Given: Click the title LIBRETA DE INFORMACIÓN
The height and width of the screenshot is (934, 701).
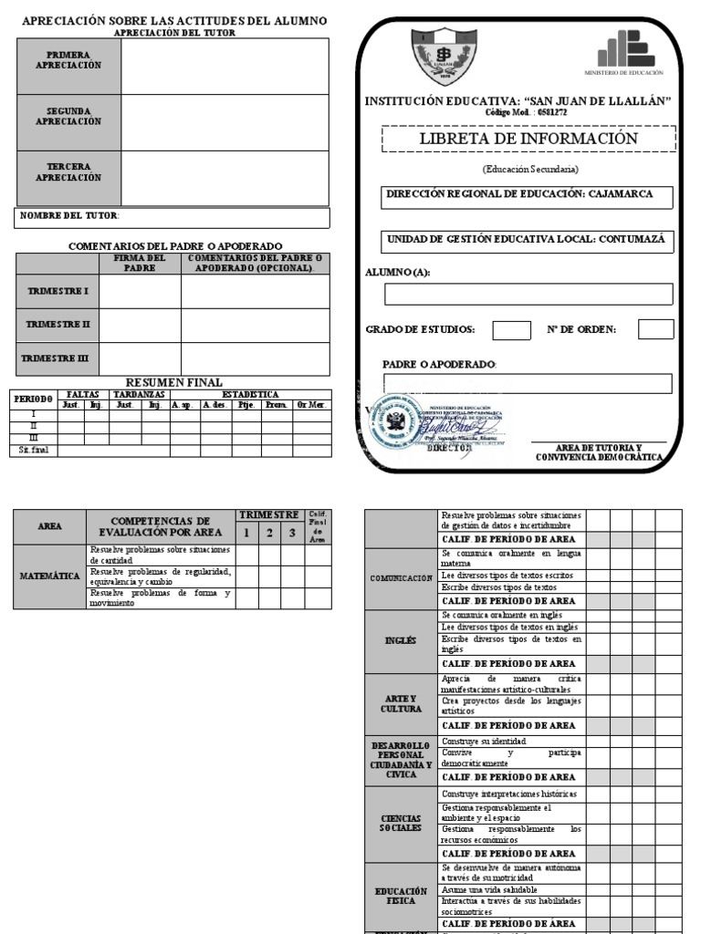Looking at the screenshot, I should pos(528,139).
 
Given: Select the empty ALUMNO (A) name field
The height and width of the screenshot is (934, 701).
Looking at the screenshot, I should pos(528,294).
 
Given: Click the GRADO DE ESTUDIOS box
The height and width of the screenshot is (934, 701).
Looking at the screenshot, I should pos(511,329).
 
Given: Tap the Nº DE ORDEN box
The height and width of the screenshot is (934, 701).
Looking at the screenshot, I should pos(655,329).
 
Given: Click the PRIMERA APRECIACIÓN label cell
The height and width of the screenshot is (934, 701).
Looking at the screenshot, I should pos(68,61).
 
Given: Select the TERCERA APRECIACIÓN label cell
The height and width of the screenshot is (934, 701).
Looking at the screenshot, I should pos(68,173).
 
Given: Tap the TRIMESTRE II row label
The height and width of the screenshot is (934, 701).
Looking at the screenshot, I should pos(57,325).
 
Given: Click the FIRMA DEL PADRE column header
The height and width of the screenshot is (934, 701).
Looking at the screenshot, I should pos(140,264).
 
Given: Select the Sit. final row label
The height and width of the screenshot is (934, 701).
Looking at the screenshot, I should pos(34,450).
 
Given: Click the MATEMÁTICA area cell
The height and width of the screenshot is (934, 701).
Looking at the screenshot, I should pos(50,576).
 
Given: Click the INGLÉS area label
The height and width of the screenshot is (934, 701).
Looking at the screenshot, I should pos(401,640).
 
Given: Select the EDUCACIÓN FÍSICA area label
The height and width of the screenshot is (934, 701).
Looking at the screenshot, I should pos(401,895).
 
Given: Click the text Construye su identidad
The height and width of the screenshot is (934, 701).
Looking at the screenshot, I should pos(476,742).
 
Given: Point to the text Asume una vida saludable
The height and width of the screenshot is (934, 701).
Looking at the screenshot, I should pos(488,889).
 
